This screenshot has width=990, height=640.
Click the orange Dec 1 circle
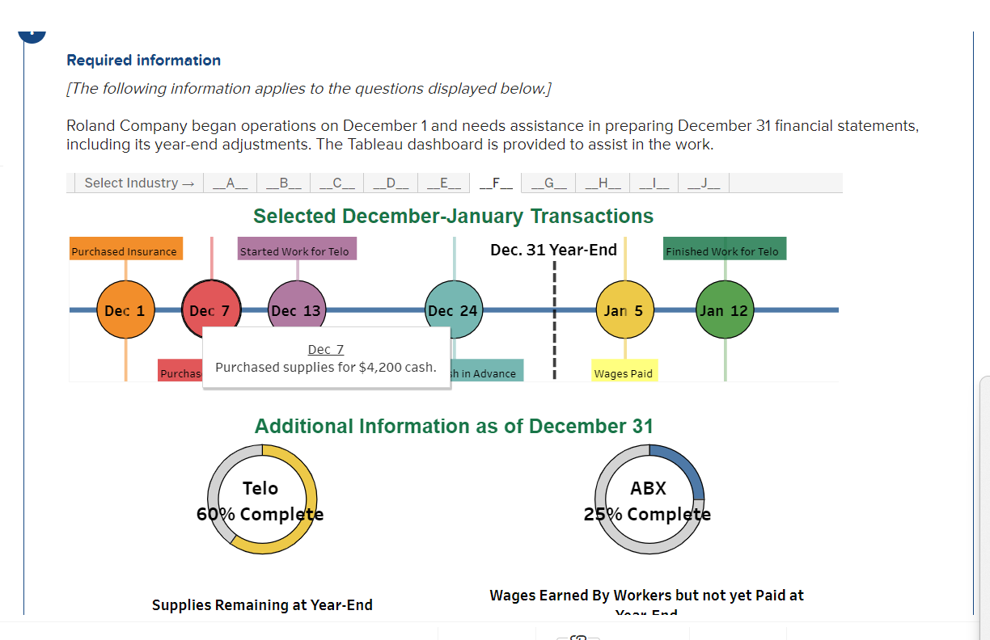[125, 310]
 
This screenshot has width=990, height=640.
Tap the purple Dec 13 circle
[296, 309]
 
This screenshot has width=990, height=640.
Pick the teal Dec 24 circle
[453, 310]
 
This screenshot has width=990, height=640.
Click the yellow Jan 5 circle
[624, 310]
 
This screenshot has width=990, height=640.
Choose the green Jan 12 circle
[725, 310]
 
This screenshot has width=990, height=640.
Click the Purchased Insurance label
[125, 251]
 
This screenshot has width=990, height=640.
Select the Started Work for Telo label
[295, 251]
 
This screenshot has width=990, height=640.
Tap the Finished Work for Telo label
[723, 251]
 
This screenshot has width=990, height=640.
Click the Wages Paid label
[623, 373]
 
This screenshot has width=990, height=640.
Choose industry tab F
[496, 183]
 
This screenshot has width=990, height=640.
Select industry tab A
[230, 183]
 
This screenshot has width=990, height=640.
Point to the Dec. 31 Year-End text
[554, 250]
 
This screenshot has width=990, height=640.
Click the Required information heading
[143, 61]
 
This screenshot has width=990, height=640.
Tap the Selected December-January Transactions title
[453, 216]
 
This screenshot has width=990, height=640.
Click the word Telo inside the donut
[260, 488]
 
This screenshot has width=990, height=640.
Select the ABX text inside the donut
[648, 488]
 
